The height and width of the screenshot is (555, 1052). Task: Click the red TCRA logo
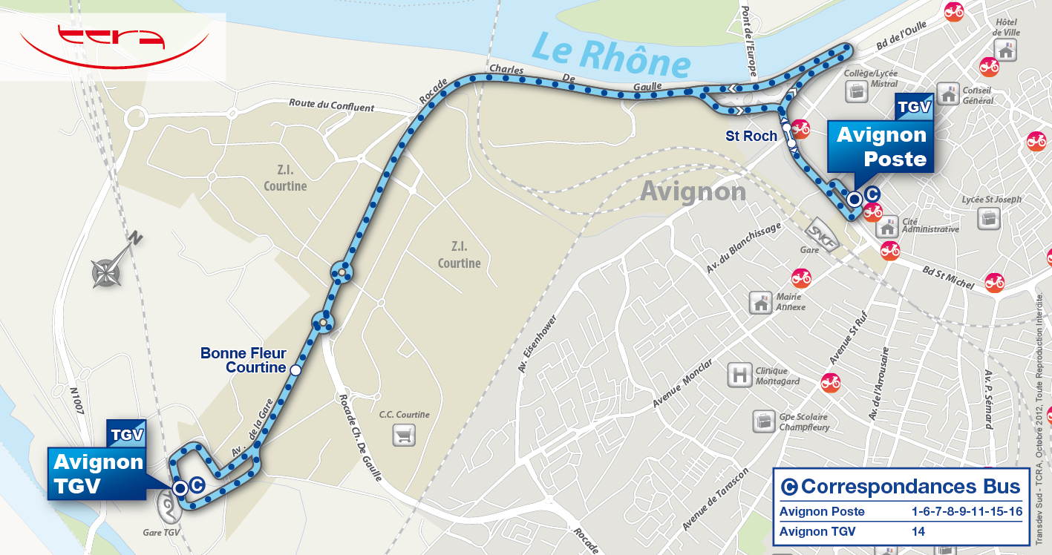tap(113, 45)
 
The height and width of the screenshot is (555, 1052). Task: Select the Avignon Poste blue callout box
tap(881, 146)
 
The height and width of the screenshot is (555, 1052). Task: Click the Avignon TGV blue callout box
tap(98, 473)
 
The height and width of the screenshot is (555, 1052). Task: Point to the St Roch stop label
tap(751, 136)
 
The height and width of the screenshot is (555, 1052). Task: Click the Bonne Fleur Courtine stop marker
tap(295, 370)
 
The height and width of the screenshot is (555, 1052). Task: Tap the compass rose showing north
tap(107, 272)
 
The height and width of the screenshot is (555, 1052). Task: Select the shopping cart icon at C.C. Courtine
tap(404, 435)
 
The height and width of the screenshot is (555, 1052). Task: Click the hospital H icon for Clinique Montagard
tap(740, 375)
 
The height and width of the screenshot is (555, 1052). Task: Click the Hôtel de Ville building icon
tap(1007, 50)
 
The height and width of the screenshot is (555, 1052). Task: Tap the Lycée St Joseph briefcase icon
tap(989, 217)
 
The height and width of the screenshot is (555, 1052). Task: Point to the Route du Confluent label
tap(331, 107)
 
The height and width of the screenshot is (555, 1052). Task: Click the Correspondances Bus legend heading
tap(901, 487)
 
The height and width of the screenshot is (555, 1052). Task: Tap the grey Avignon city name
tap(693, 191)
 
